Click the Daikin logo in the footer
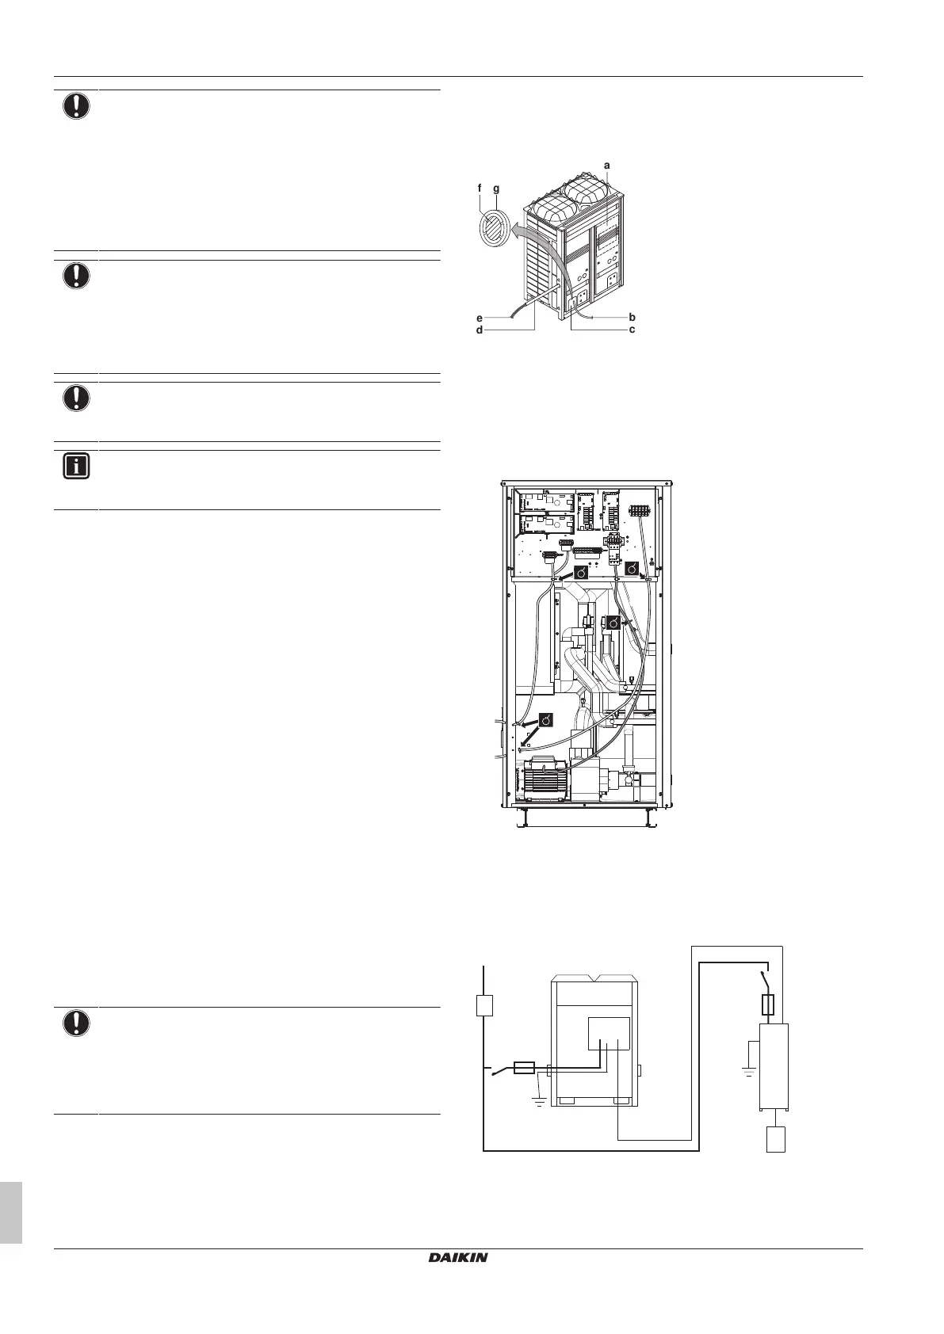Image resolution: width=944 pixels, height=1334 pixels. click(x=458, y=1257)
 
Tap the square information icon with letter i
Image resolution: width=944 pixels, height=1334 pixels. click(x=76, y=467)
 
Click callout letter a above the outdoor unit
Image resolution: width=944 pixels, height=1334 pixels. click(x=607, y=165)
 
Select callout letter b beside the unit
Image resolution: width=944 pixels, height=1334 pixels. click(x=632, y=317)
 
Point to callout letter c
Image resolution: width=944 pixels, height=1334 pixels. click(x=632, y=330)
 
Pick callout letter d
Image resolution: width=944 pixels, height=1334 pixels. click(x=480, y=330)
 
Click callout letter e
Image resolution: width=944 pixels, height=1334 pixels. click(x=480, y=317)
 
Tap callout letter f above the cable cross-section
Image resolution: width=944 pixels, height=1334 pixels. click(x=480, y=189)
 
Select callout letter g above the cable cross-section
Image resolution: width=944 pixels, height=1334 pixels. click(x=496, y=189)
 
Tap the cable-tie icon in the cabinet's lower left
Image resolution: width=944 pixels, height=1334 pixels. click(x=546, y=720)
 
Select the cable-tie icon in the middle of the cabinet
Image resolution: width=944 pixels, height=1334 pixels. click(x=611, y=623)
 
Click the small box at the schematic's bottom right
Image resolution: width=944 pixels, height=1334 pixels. click(x=775, y=1140)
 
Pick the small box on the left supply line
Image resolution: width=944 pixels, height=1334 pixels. click(x=484, y=1005)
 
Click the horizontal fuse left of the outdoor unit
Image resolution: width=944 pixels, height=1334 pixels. click(x=524, y=1068)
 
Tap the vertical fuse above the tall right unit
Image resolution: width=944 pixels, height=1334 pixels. click(x=766, y=1005)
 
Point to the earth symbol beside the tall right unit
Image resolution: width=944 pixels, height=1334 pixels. click(x=747, y=1069)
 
